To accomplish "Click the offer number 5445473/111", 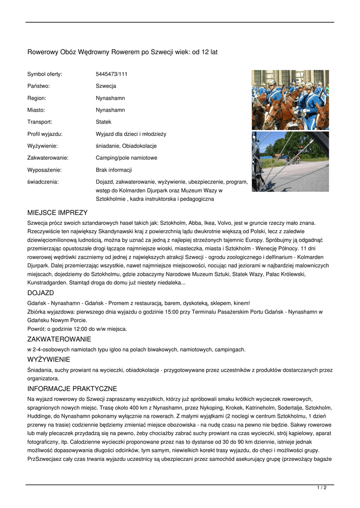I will [111, 74].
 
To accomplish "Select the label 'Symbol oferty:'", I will [45, 74].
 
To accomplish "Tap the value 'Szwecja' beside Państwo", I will [106, 86].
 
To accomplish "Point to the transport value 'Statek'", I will [103, 122].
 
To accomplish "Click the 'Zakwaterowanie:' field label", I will [48, 158].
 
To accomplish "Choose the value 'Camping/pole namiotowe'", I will [126, 158].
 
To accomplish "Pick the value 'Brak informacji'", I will [114, 170].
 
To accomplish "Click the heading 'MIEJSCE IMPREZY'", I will [57, 212].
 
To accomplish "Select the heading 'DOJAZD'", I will [41, 293].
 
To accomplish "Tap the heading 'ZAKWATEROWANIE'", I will [59, 339].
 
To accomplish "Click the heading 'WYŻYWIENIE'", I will [49, 359].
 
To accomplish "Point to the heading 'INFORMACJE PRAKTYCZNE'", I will [72, 388].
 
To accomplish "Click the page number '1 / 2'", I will [322, 488].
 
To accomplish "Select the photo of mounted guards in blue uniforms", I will [290, 100].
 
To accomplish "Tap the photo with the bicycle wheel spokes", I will [290, 162].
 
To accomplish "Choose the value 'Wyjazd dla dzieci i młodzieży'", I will [131, 134].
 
